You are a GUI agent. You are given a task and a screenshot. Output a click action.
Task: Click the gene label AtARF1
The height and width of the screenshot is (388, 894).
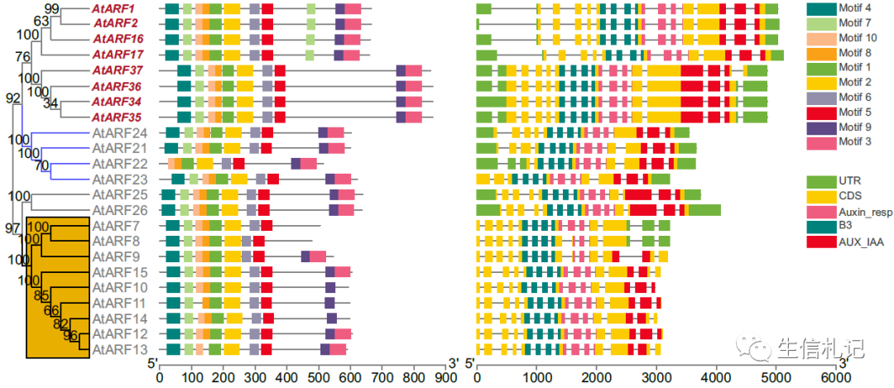point(113,8)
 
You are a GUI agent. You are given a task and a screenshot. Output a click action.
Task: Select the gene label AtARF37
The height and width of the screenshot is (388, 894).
point(117,70)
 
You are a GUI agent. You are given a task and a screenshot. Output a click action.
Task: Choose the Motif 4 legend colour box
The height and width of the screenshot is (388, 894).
point(820,8)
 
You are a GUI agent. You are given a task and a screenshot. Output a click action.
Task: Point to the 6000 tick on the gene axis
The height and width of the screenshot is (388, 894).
point(836,376)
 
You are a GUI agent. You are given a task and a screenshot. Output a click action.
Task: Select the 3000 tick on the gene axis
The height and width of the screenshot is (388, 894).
point(656,376)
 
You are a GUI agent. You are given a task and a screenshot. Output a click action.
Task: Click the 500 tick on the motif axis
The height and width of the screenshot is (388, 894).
point(320,376)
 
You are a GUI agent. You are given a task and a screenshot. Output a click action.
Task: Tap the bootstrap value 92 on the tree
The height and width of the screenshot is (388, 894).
point(13,98)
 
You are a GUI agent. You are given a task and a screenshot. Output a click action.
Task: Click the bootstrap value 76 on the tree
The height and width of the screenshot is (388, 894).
point(22,56)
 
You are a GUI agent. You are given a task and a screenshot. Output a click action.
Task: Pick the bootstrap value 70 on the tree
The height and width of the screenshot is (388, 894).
point(41,165)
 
